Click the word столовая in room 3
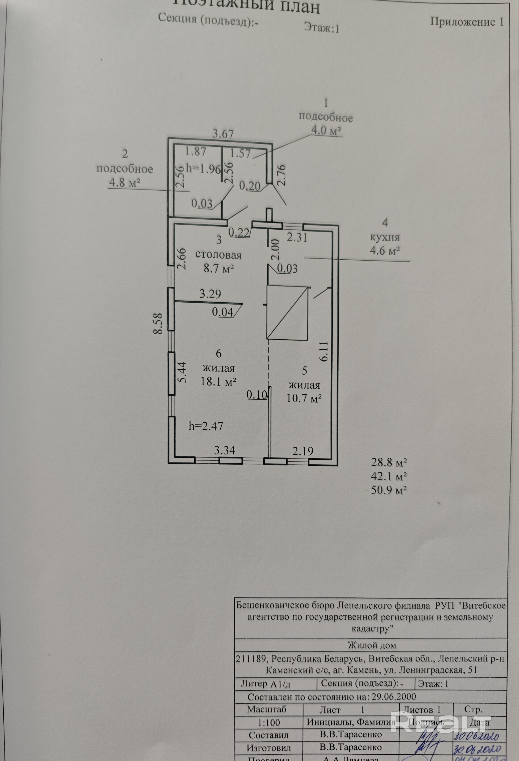click(x=218, y=255)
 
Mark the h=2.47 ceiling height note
click(x=206, y=426)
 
